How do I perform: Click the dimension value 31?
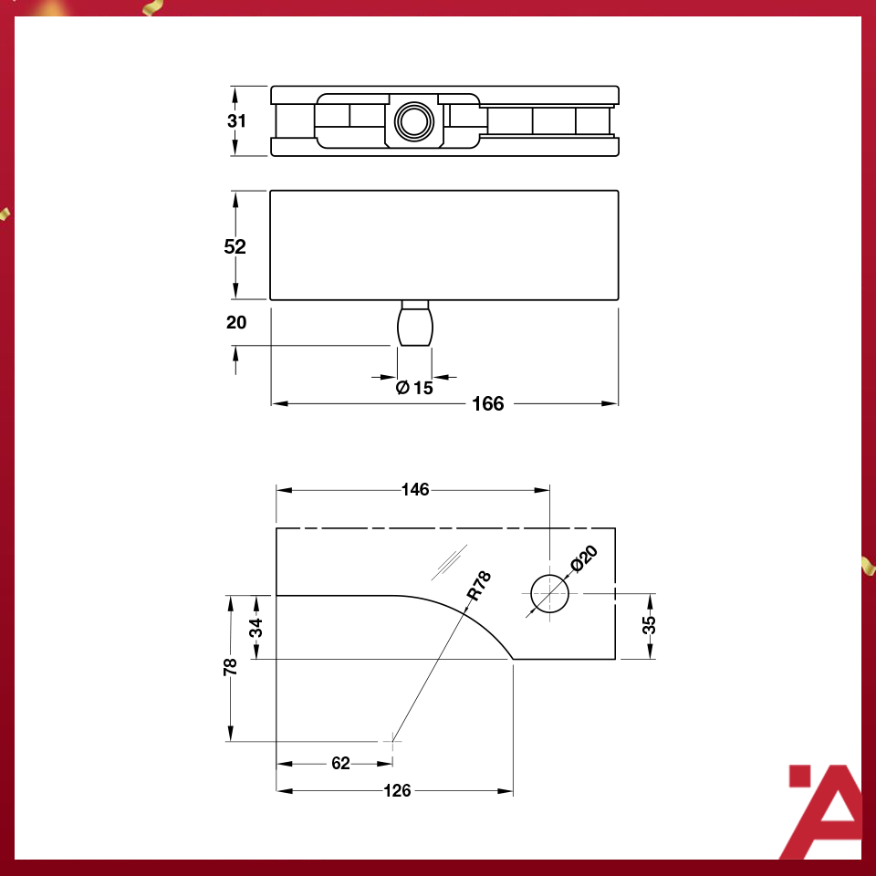pyautogui.click(x=237, y=121)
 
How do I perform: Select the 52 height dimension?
pyautogui.click(x=235, y=246)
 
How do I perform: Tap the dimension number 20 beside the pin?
pyautogui.click(x=235, y=322)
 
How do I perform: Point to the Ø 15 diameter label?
pyautogui.click(x=414, y=388)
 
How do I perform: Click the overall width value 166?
pyautogui.click(x=488, y=403)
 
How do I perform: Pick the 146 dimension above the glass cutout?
pyautogui.click(x=415, y=490)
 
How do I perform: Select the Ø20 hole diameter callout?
pyautogui.click(x=583, y=558)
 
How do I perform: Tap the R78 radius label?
pyautogui.click(x=479, y=586)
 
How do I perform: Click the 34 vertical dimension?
pyautogui.click(x=257, y=627)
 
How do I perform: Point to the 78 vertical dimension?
pyautogui.click(x=231, y=667)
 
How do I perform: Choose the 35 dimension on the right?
pyautogui.click(x=650, y=626)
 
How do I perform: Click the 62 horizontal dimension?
pyautogui.click(x=340, y=764)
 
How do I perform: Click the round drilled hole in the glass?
pyautogui.click(x=549, y=594)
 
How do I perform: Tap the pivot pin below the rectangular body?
pyautogui.click(x=414, y=325)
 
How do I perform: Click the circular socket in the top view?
pyautogui.click(x=414, y=121)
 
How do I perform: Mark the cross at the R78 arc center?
pyautogui.click(x=392, y=741)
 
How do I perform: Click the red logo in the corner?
pyautogui.click(x=824, y=810)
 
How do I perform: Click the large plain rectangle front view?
pyautogui.click(x=444, y=245)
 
